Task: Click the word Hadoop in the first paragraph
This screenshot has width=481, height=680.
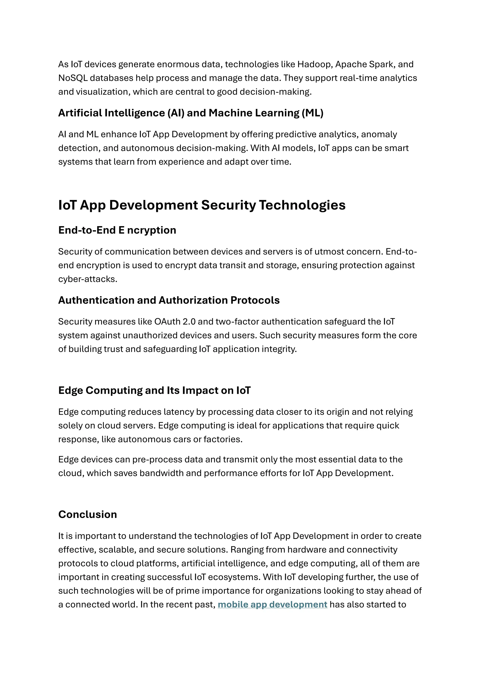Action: [x=314, y=64]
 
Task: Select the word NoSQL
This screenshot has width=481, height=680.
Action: [x=73, y=78]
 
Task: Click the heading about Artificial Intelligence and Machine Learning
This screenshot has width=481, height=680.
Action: [x=191, y=113]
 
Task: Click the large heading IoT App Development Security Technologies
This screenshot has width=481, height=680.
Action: [x=202, y=205]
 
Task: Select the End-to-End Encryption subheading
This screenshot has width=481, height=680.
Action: [x=117, y=230]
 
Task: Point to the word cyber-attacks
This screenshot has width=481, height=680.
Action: [x=87, y=279]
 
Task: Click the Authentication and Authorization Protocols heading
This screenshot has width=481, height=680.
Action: [x=169, y=300]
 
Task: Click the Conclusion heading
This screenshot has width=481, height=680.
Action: [x=88, y=514]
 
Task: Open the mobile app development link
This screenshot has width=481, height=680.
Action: [x=272, y=604]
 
